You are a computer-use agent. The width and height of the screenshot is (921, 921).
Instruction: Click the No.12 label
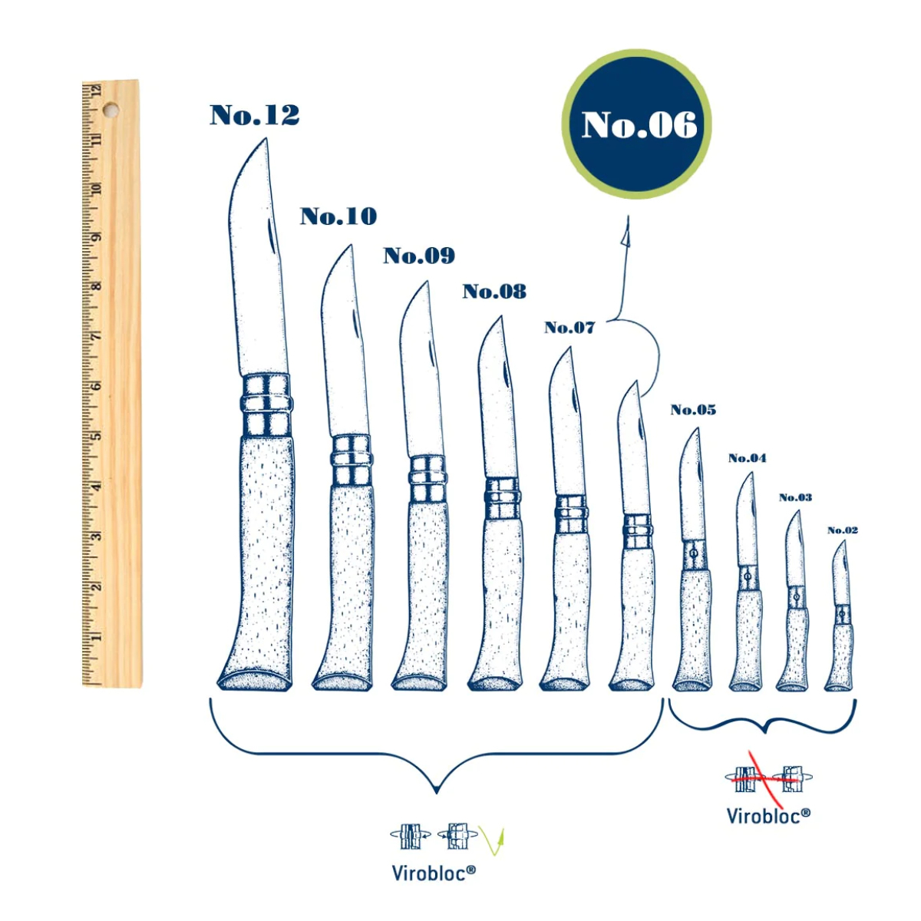(x=254, y=115)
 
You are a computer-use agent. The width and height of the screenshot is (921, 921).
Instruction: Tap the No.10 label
(x=338, y=216)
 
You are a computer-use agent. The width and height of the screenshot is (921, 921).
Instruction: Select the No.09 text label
(x=419, y=256)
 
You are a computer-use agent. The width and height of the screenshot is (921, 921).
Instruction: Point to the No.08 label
(x=494, y=291)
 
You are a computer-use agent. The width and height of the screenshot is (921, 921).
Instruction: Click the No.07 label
(x=569, y=328)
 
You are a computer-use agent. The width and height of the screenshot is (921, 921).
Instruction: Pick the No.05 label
(x=693, y=410)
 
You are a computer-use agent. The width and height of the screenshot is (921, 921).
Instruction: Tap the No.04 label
(x=747, y=458)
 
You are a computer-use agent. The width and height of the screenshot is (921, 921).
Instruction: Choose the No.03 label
(x=795, y=497)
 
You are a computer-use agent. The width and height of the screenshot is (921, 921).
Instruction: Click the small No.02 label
(x=843, y=530)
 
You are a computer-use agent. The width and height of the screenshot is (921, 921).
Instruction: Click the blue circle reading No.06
(x=636, y=124)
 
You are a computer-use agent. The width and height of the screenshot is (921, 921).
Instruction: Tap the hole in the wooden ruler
(x=111, y=111)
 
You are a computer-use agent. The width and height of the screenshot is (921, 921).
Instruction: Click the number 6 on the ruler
(x=98, y=386)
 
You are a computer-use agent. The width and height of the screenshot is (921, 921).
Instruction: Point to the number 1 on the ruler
(x=98, y=637)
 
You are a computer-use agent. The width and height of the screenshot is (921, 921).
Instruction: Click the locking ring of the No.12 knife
(x=266, y=404)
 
